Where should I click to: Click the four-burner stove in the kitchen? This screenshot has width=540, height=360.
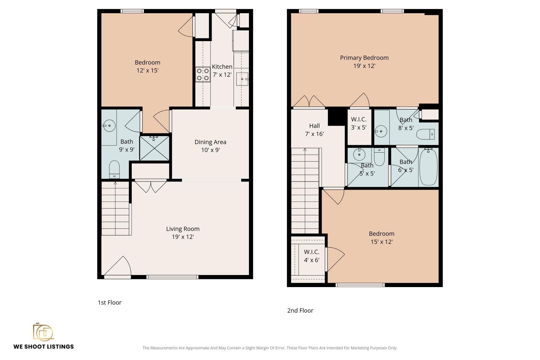pos(203,75)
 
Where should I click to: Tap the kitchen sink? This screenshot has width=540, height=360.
pos(242,79)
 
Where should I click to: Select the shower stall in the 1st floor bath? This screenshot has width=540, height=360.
pos(154,148)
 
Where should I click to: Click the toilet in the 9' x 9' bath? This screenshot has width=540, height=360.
pos(114,170)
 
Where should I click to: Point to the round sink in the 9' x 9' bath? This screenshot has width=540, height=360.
pos(109,126)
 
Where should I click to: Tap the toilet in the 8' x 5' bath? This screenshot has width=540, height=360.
pos(426,134)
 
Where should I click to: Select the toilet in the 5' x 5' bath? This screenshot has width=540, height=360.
pos(379,157)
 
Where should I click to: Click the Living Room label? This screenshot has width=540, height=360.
pos(183,229)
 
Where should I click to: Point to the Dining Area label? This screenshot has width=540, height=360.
pos(210,142)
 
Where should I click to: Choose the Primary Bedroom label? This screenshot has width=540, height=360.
pos(364,58)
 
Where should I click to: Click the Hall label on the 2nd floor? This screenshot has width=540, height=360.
pos(315,126)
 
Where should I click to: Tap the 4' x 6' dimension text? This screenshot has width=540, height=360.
pos(312,260)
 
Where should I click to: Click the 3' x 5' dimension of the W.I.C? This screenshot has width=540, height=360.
pos(359,127)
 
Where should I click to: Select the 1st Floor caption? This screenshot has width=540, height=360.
pos(110,302)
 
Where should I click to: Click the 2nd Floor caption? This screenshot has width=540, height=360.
pos(300,311)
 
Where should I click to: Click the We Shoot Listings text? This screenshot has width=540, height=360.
pos(43,346)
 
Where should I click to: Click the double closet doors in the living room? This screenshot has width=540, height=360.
pos(151,186)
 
